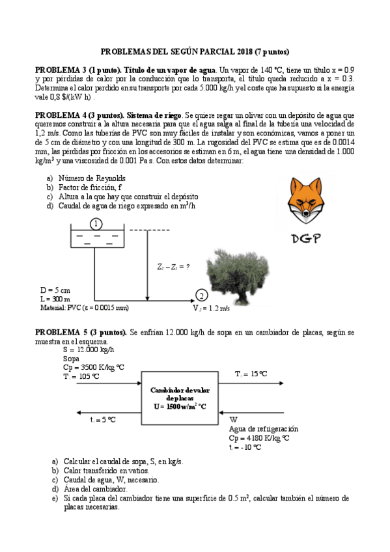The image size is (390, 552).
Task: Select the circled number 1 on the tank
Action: coord(96,224)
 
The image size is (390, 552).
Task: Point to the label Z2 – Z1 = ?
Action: coord(174,267)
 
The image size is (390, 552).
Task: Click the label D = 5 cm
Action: coord(55,290)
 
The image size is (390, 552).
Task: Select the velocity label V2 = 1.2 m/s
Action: coord(212,308)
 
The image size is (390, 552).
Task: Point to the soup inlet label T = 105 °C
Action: coord(81,376)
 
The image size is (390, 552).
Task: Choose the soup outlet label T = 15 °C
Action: coord(251,374)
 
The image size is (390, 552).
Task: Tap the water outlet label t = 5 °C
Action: coord(103,419)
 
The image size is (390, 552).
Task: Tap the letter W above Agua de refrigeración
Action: coord(233,419)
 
